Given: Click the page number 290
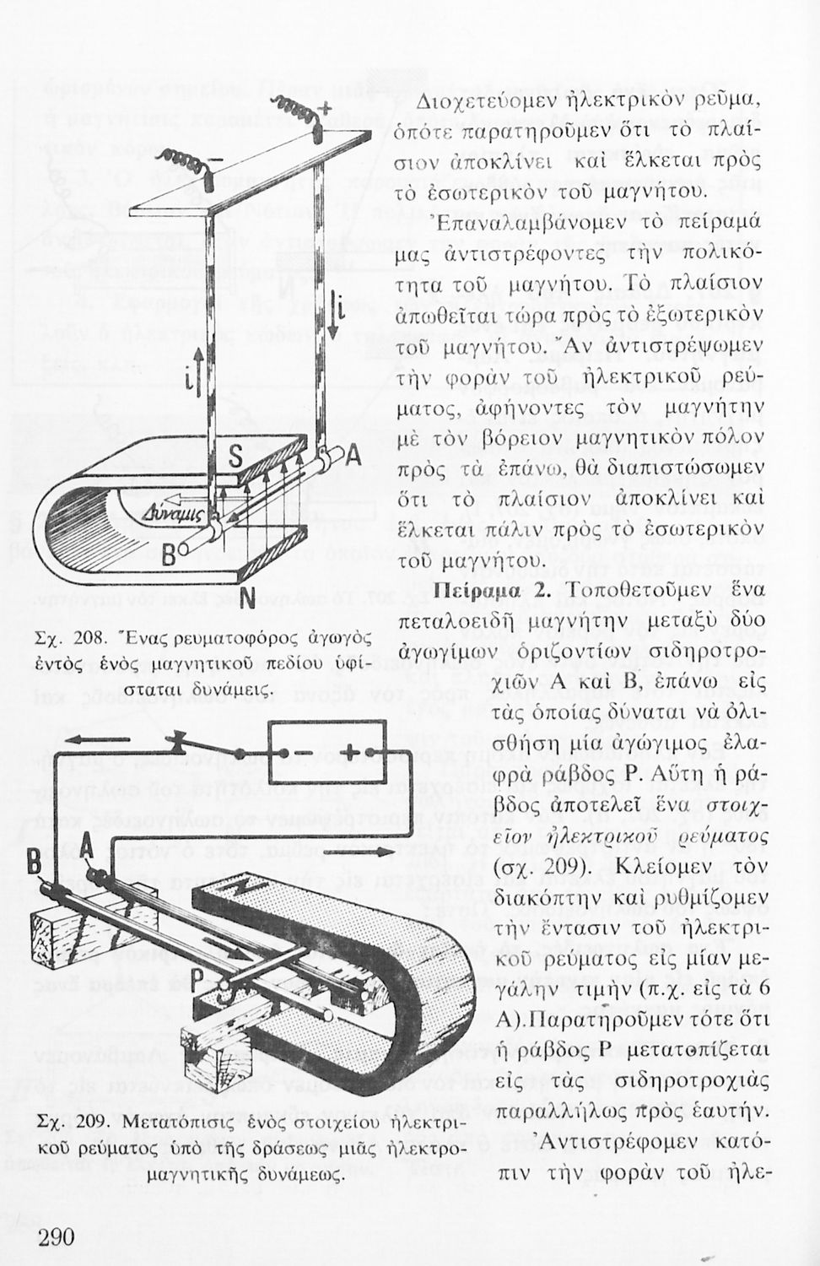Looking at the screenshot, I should pyautogui.click(x=57, y=1237).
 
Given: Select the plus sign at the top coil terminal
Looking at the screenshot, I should pyautogui.click(x=324, y=107).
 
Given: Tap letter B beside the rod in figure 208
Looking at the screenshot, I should pyautogui.click(x=169, y=555).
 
